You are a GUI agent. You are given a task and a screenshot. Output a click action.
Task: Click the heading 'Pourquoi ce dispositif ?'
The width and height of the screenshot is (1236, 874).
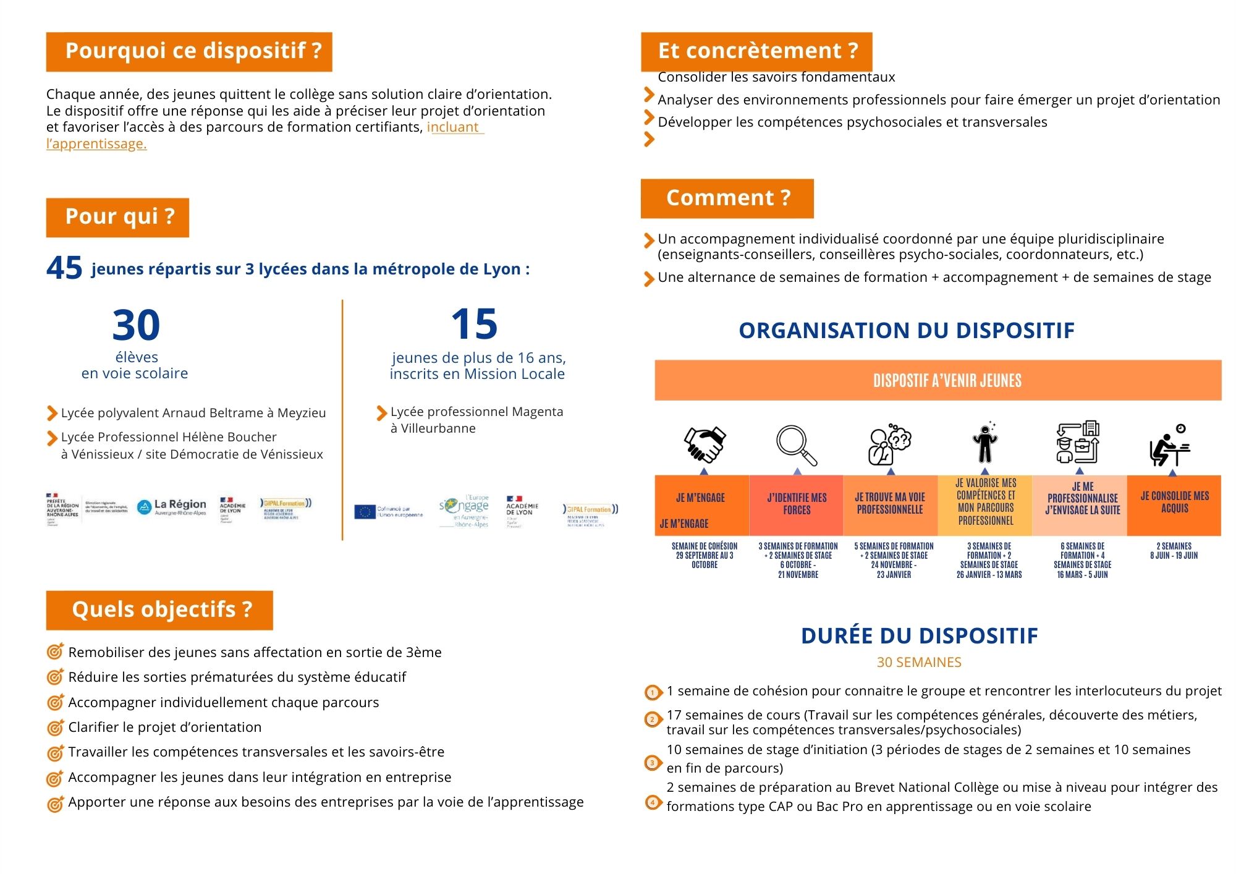189,51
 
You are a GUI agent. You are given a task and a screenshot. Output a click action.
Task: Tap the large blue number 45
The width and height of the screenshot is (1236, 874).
64,268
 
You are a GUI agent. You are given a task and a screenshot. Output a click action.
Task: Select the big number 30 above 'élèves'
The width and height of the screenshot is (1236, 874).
136,325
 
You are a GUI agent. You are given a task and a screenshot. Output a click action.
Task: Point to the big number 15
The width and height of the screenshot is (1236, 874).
474,324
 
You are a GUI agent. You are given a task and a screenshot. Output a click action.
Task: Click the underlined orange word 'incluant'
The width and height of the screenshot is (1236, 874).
453,127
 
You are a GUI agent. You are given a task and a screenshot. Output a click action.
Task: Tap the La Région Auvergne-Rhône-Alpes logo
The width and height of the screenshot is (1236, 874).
172,507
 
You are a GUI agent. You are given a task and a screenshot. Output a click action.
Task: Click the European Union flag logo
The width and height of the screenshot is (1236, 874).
365,512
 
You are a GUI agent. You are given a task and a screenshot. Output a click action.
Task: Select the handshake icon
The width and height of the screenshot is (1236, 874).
704,444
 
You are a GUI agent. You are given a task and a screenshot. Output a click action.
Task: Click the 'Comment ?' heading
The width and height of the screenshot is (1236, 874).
727,198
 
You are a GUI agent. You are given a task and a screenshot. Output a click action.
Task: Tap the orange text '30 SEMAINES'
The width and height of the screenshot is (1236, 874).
919,663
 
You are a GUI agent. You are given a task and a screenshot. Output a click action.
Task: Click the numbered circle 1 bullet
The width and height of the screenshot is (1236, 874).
653,693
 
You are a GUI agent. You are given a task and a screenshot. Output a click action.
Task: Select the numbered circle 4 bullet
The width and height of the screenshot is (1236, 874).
653,803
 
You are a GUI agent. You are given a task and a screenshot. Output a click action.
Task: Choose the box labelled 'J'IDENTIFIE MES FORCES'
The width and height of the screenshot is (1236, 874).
797,504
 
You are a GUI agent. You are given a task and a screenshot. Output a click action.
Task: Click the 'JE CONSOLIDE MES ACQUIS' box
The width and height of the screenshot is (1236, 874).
1174,503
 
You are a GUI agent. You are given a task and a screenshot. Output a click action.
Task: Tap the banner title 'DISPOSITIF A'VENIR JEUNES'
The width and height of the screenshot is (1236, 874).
947,381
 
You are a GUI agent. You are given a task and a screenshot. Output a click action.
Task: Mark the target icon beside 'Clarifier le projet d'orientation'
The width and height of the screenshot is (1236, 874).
56,728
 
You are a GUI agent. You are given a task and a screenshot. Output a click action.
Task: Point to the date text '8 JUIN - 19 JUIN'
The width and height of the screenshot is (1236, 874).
1174,556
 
